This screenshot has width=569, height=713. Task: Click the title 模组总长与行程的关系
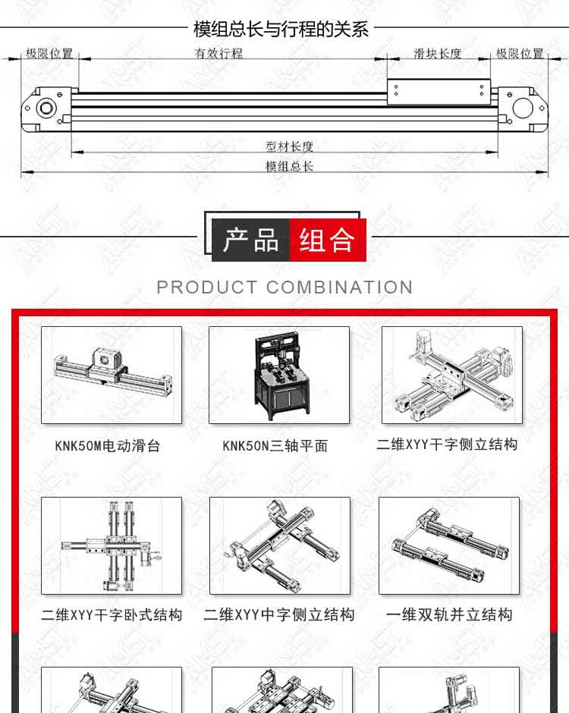tap(281, 29)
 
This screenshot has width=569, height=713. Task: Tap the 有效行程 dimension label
tap(218, 54)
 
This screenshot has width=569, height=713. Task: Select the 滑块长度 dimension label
tap(438, 54)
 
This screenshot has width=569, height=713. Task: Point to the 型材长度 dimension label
tap(290, 146)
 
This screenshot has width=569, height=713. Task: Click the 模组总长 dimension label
tap(290, 166)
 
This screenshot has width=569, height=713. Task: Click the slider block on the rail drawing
tap(439, 93)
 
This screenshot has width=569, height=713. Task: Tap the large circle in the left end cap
tap(46, 108)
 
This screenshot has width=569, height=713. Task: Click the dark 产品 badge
tap(250, 240)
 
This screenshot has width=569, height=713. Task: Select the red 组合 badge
tap(328, 240)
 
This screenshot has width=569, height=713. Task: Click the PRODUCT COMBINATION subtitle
tap(284, 287)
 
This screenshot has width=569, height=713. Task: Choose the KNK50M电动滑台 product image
tap(112, 375)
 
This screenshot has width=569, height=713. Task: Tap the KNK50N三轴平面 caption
tap(275, 446)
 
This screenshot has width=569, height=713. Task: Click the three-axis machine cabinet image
tap(279, 375)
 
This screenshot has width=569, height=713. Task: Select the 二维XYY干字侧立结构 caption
tap(447, 444)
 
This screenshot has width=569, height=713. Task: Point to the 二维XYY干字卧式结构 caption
tap(112, 615)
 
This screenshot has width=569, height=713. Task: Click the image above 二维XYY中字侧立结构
tap(280, 545)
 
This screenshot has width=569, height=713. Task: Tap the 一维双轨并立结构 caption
tap(449, 615)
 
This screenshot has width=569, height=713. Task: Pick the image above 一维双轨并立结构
tap(449, 545)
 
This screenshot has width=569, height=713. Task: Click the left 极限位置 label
tap(49, 54)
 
